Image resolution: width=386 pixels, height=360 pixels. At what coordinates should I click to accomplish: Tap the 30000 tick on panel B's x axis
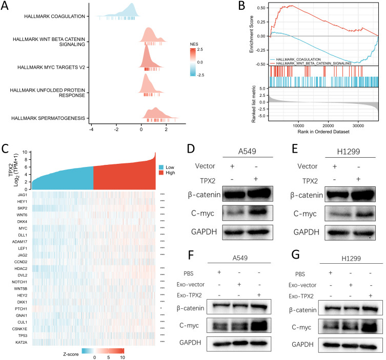358,125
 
